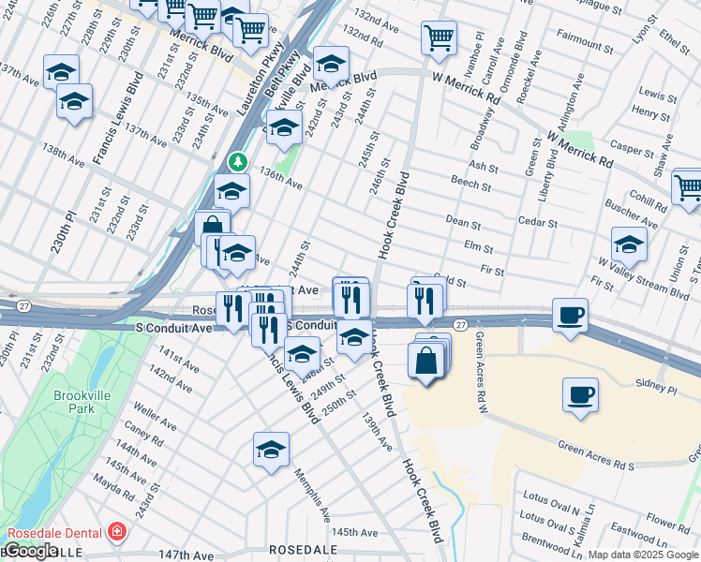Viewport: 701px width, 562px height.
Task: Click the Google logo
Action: pos(30,551)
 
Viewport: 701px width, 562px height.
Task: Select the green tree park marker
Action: pos(238,162)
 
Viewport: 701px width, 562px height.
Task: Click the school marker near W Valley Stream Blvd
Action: pos(629,244)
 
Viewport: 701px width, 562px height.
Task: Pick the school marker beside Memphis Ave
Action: pos(271,450)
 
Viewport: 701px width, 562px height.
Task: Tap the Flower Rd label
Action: pos(668,521)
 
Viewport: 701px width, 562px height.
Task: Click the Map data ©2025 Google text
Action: pos(643,555)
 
